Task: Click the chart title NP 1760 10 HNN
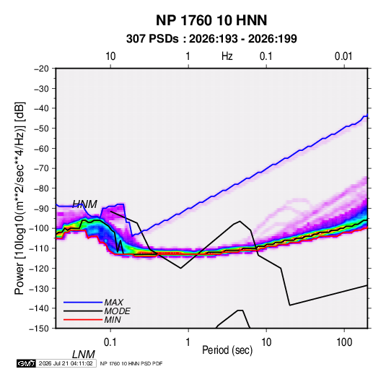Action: click(211, 20)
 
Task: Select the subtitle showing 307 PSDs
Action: click(211, 39)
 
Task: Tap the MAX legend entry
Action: click(113, 302)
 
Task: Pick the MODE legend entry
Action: click(117, 311)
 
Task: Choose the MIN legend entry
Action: click(113, 320)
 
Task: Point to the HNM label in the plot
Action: click(84, 204)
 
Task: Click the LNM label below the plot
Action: click(84, 355)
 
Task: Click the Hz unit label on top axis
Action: click(227, 56)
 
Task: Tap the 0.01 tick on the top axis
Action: click(343, 56)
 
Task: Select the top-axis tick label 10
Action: click(110, 56)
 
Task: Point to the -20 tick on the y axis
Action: click(41, 69)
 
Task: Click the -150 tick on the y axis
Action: click(39, 328)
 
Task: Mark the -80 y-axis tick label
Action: click(41, 188)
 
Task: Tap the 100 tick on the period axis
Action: click(344, 342)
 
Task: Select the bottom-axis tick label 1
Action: click(188, 342)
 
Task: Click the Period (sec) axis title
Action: click(227, 350)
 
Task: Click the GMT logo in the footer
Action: click(26, 363)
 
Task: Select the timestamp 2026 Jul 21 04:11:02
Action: click(66, 363)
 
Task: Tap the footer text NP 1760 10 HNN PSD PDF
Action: click(131, 363)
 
